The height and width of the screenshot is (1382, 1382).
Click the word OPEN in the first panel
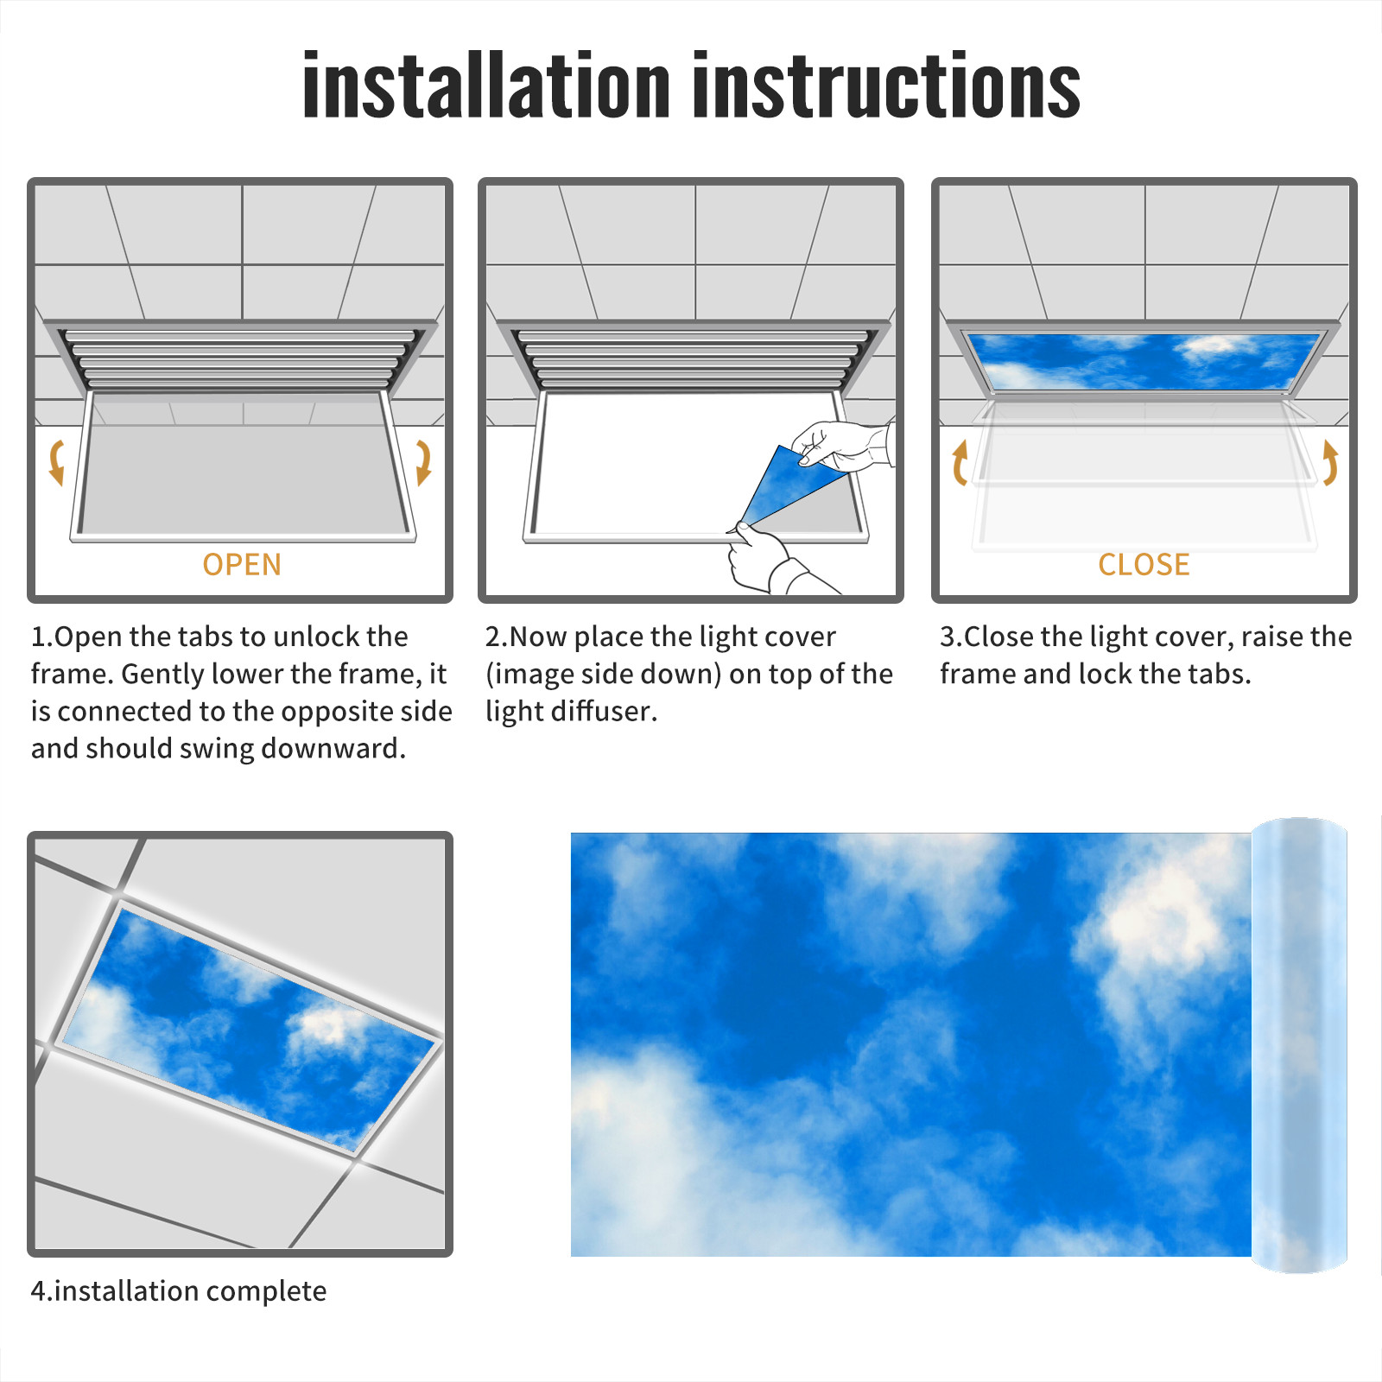tap(242, 565)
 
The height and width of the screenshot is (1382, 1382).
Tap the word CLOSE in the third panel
tap(1144, 565)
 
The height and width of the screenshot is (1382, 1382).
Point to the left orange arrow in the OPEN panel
tap(55, 462)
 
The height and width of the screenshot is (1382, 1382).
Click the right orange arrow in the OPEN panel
tap(424, 462)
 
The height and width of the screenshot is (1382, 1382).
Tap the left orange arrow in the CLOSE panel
tap(959, 462)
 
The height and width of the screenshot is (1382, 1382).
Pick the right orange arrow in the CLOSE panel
tap(1330, 462)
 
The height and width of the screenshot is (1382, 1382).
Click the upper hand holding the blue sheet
tap(842, 445)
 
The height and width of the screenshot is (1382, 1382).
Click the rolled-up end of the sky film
tap(1299, 1045)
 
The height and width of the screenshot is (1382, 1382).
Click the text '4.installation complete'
tap(179, 1291)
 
